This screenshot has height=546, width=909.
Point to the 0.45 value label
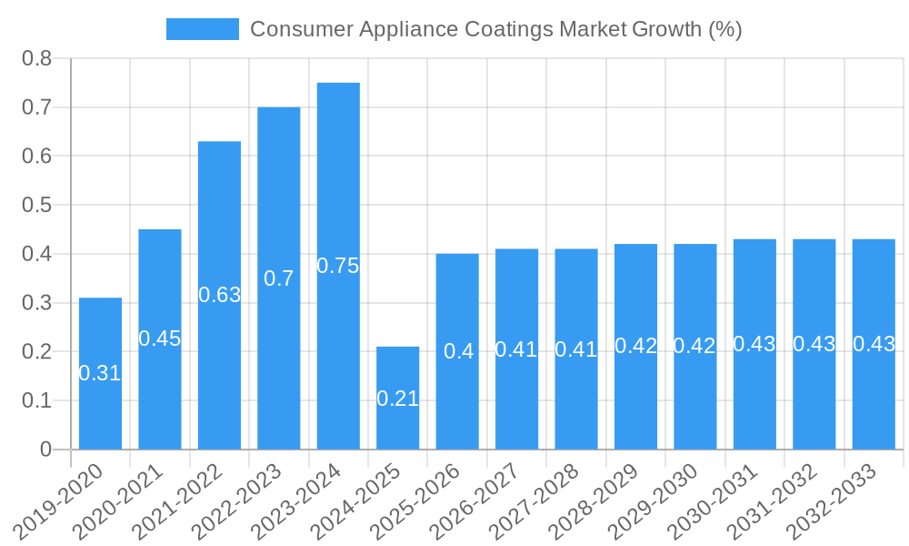(160, 339)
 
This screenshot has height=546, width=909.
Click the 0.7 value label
(279, 278)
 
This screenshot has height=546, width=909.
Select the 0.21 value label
(397, 399)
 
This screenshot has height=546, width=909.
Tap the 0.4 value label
(457, 351)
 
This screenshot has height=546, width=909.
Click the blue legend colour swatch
(202, 29)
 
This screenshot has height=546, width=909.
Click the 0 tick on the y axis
(45, 450)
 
